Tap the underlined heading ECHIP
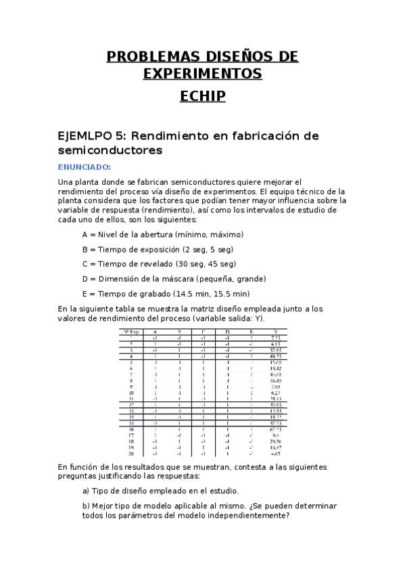click(202, 97)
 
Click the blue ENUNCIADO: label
click(85, 167)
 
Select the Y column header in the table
click(275, 331)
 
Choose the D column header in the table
click(227, 331)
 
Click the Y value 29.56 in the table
click(275, 441)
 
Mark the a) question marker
click(86, 491)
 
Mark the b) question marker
click(86, 506)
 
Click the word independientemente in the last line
click(246, 516)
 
